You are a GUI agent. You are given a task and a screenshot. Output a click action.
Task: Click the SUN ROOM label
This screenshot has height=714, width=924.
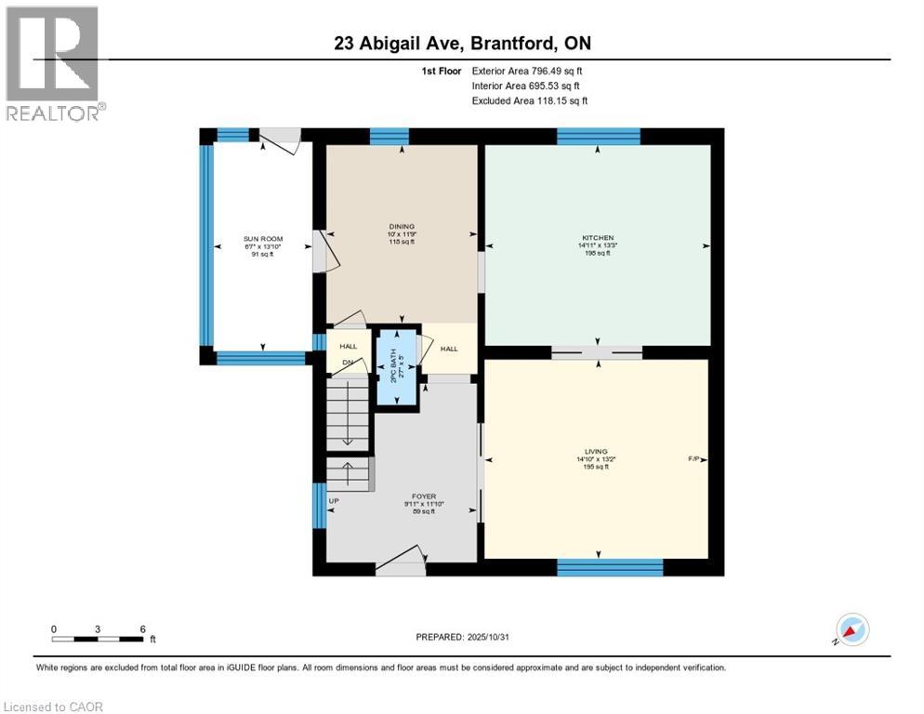coord(262,239)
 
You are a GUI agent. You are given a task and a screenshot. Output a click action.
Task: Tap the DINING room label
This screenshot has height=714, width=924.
coord(402,225)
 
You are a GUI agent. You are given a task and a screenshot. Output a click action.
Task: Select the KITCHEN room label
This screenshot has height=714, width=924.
coord(597,238)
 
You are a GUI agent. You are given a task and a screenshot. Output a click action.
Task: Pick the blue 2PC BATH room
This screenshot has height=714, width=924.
coord(398,366)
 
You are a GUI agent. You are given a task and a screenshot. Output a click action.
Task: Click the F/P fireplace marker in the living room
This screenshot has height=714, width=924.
coord(693,459)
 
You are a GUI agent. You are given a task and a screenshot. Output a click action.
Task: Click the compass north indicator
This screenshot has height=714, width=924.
coord(852,629)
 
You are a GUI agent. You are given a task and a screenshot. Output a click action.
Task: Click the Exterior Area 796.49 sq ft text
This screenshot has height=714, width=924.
coord(527,71)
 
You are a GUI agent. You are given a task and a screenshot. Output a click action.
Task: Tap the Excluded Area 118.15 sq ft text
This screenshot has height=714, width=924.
coord(529,100)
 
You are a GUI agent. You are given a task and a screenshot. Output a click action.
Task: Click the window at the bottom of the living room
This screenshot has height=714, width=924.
coord(609,566)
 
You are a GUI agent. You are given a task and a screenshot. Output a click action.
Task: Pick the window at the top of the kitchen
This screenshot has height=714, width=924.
coord(598,136)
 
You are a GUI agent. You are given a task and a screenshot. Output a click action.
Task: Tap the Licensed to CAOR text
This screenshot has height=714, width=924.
coord(54,707)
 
